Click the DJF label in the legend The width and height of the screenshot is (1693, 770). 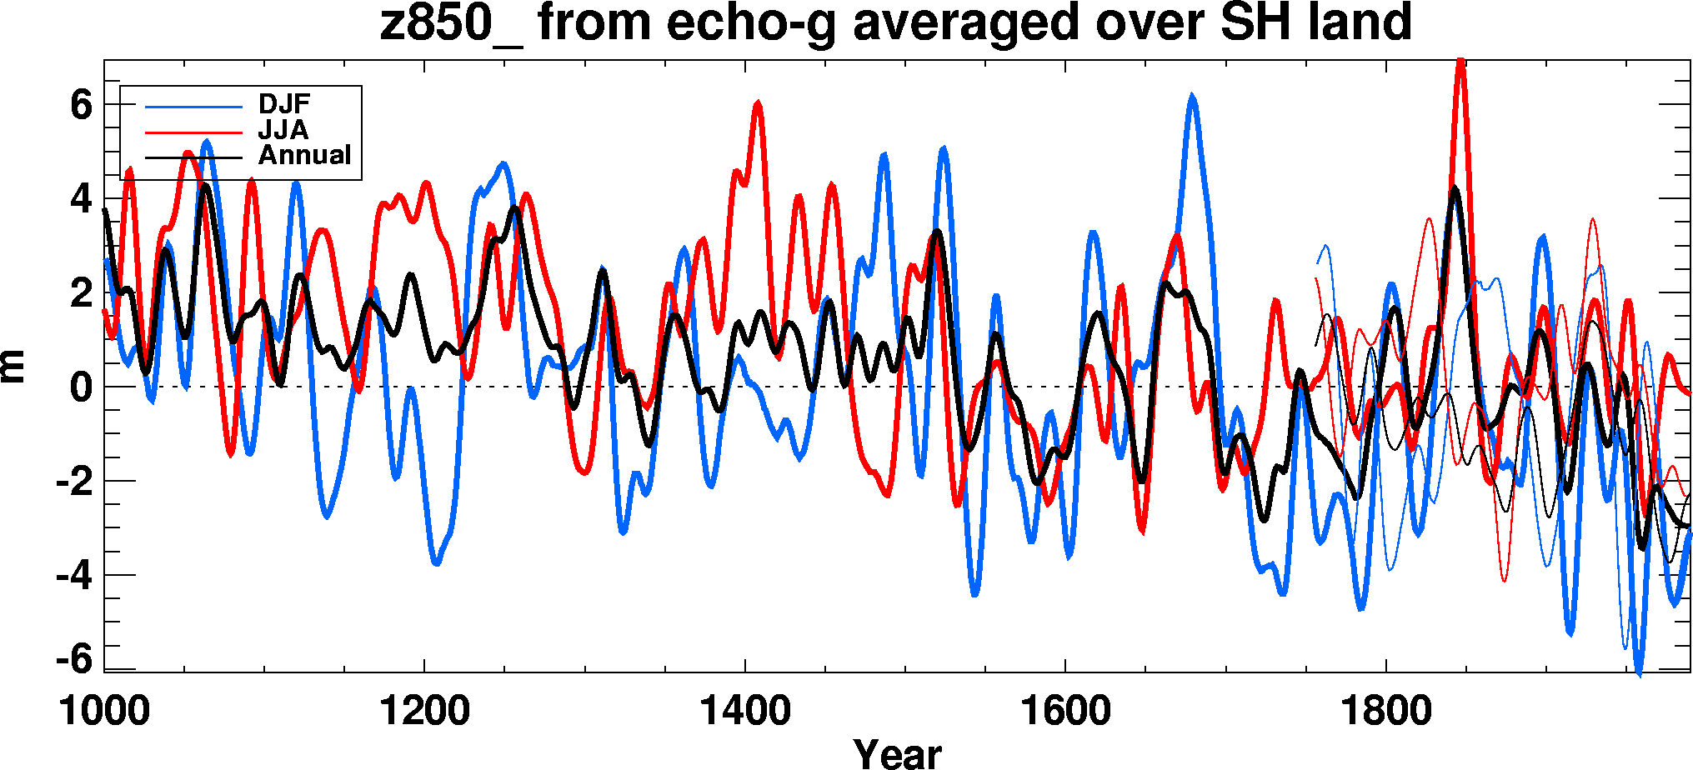(x=283, y=104)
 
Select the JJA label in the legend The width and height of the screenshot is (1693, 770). (x=283, y=130)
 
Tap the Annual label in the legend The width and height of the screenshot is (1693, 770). (x=304, y=155)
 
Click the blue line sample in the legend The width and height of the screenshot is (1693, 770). (x=193, y=107)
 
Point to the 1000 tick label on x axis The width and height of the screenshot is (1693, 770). (x=104, y=711)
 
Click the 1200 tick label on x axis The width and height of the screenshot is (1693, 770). (x=424, y=711)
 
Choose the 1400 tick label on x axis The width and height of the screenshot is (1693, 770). (x=745, y=711)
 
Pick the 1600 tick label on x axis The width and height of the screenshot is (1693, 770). (x=1065, y=711)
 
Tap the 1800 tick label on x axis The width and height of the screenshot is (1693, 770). (x=1385, y=711)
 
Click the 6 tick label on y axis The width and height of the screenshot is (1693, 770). (x=81, y=105)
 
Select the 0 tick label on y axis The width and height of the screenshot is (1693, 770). (x=81, y=387)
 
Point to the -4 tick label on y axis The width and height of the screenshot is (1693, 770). (x=74, y=575)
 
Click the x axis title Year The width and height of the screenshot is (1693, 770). (x=897, y=753)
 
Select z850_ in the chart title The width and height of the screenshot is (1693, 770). (x=451, y=23)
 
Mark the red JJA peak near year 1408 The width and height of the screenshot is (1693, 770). (x=758, y=102)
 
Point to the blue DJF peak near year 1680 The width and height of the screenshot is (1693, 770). (x=1193, y=97)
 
